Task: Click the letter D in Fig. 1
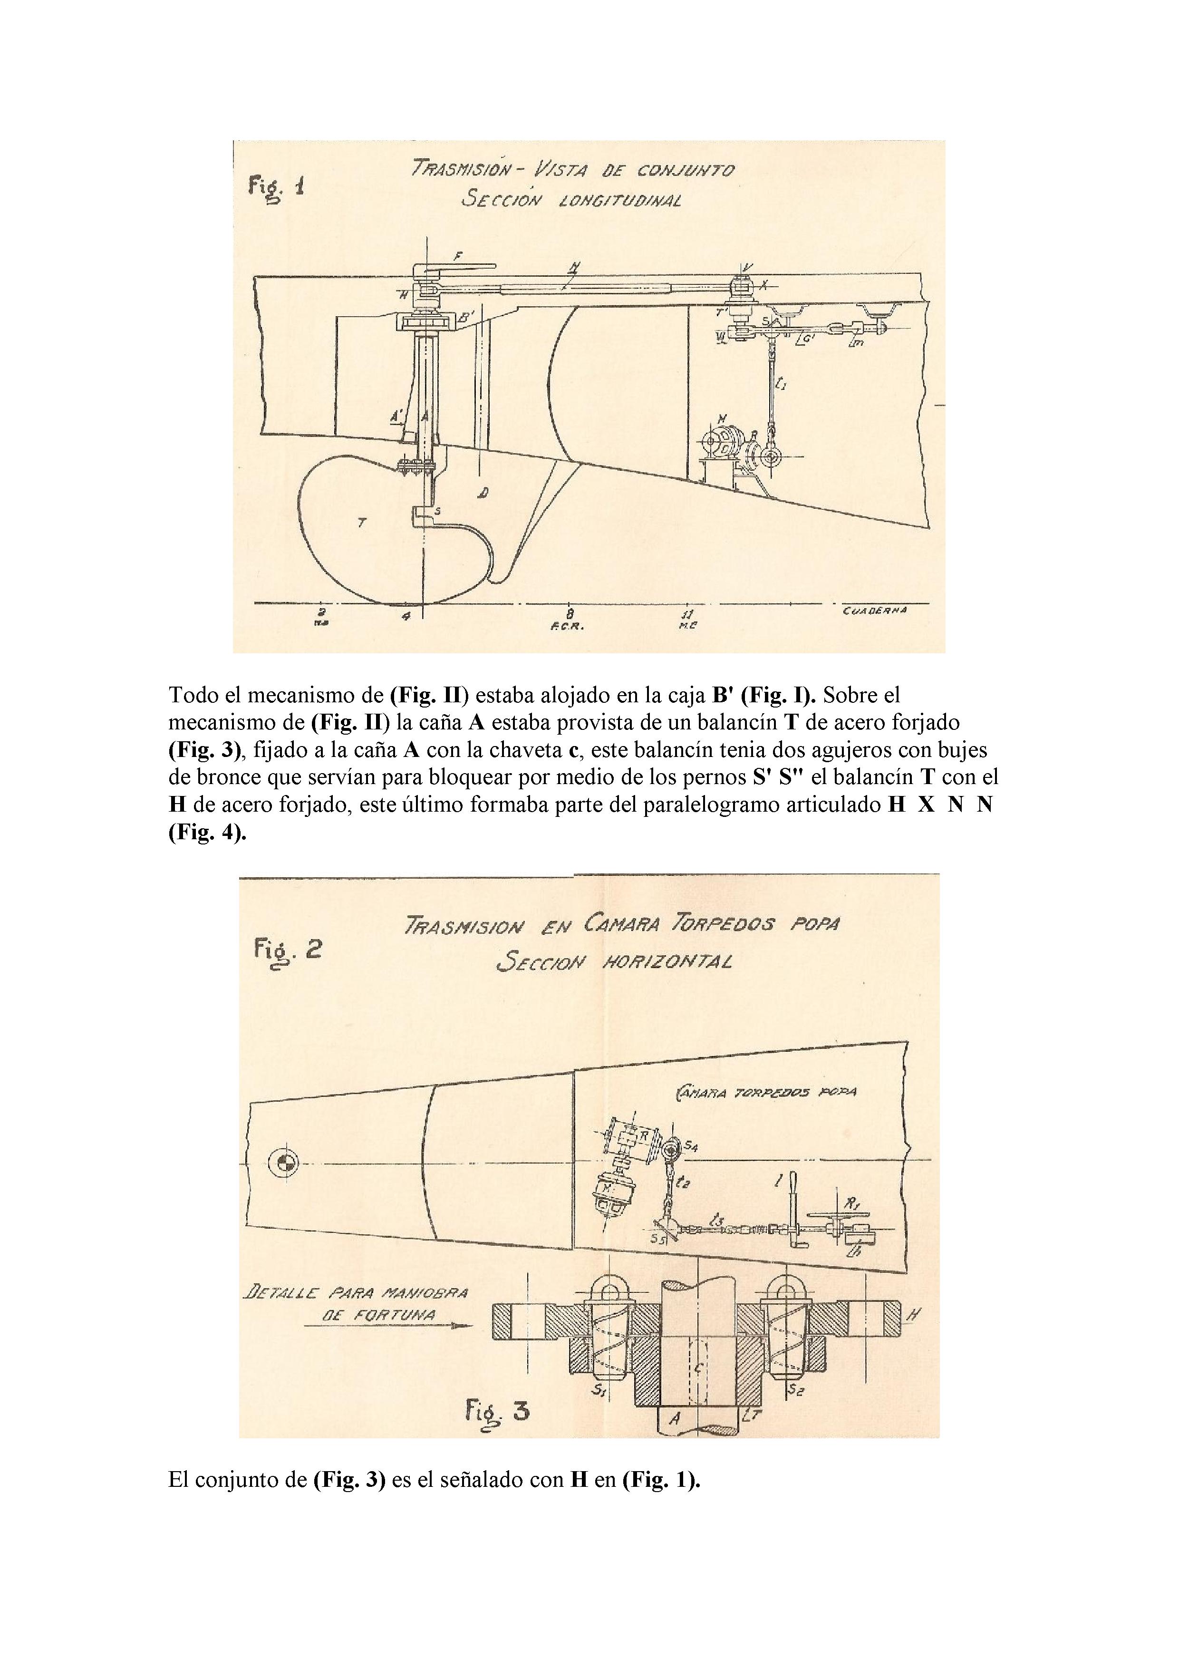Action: [x=483, y=493]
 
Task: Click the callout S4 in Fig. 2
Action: [x=691, y=1147]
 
